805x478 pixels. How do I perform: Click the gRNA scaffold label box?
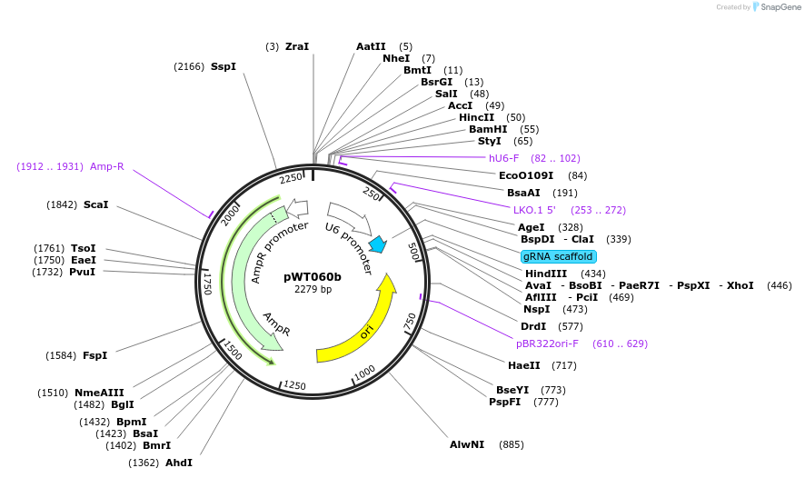pyautogui.click(x=558, y=256)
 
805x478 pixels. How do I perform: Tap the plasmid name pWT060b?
pyautogui.click(x=313, y=276)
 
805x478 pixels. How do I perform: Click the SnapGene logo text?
pyautogui.click(x=780, y=7)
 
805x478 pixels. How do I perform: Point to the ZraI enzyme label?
pyautogui.click(x=297, y=46)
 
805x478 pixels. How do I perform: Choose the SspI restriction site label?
pyautogui.click(x=224, y=66)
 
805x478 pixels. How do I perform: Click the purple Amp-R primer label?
pyautogui.click(x=106, y=166)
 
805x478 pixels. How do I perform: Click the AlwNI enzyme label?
pyautogui.click(x=468, y=444)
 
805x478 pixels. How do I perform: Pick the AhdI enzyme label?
pyautogui.click(x=179, y=463)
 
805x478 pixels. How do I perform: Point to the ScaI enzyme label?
pyautogui.click(x=95, y=204)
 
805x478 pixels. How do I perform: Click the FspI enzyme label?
pyautogui.click(x=95, y=354)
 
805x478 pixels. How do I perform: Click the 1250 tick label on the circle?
pyautogui.click(x=295, y=386)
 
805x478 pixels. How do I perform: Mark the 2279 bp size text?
pyautogui.click(x=313, y=290)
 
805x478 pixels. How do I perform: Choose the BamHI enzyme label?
pyautogui.click(x=488, y=129)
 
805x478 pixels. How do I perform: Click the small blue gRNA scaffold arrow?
pyautogui.click(x=378, y=245)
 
